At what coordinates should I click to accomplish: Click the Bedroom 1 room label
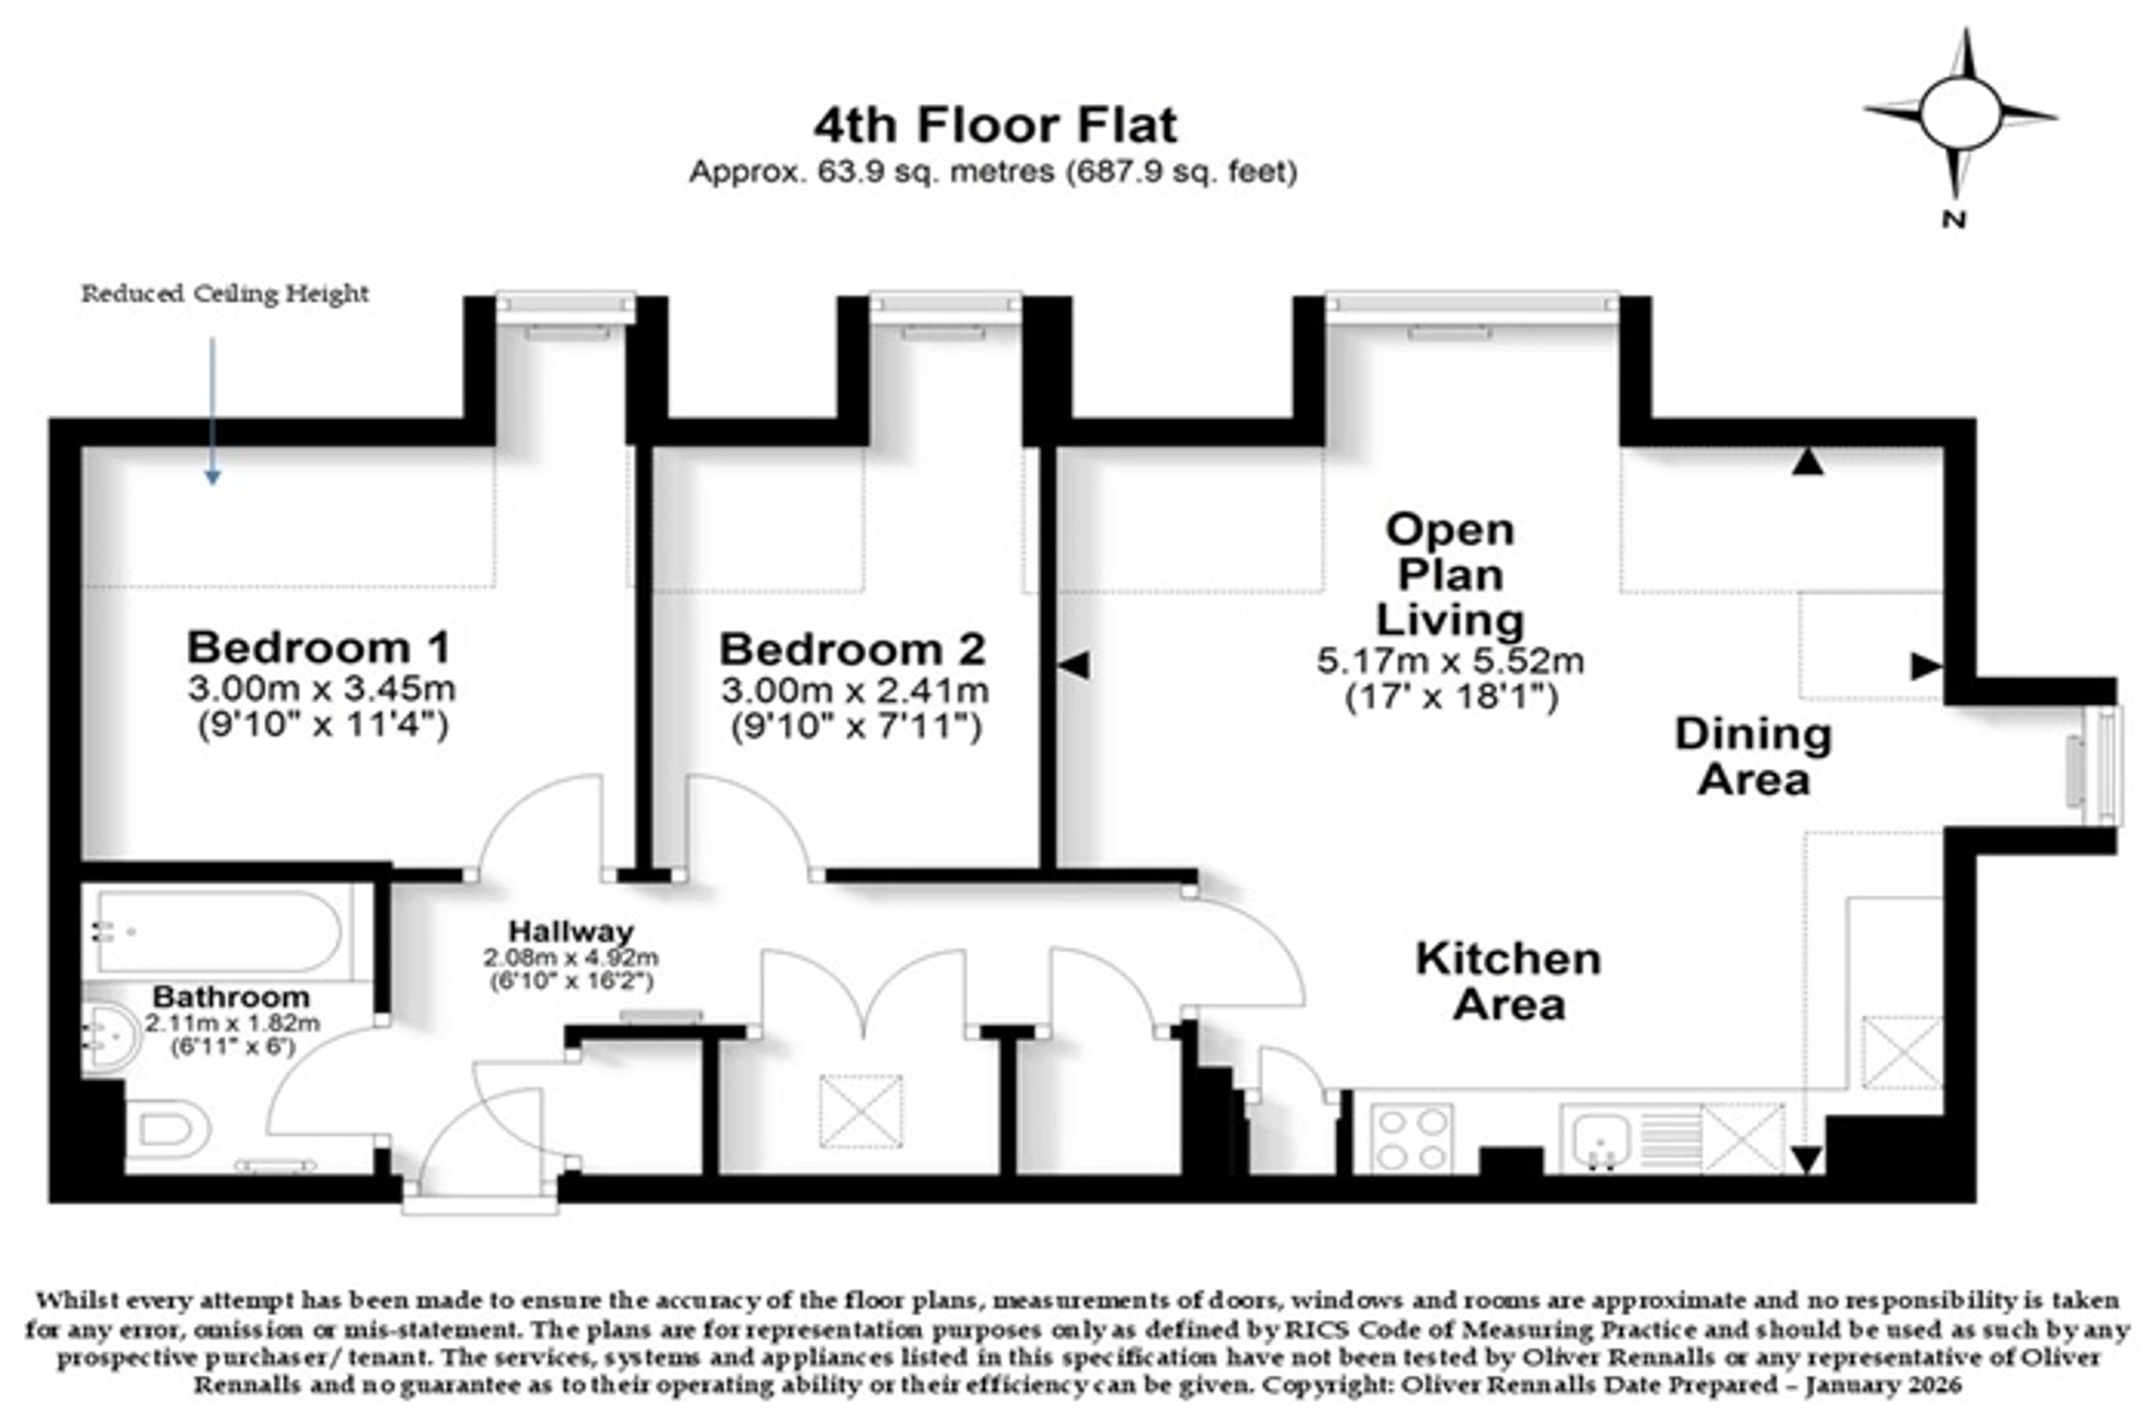coord(318,647)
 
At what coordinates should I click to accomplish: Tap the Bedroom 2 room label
coord(852,649)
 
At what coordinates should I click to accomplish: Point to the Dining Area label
coord(1753,756)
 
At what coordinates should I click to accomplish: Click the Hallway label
coord(571,930)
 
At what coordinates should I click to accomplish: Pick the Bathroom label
coord(231,997)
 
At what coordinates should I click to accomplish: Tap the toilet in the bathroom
coord(168,1130)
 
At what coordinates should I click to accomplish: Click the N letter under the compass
coord(1954,219)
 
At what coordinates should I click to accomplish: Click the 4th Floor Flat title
coord(995,125)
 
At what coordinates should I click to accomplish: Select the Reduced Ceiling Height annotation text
coord(225,293)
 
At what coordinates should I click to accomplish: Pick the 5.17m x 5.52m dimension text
coord(1450,661)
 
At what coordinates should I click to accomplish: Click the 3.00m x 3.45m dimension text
coord(322,689)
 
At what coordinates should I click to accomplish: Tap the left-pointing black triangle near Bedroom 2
coord(1074,665)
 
